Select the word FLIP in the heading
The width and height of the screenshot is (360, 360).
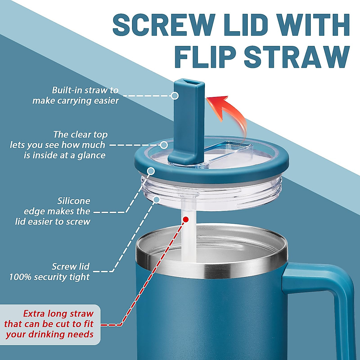[205, 57]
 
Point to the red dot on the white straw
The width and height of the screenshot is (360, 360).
[186, 220]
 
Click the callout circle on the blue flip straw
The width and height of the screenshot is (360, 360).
[175, 96]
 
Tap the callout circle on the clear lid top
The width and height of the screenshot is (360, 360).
[164, 145]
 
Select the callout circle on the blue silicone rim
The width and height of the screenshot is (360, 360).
[151, 171]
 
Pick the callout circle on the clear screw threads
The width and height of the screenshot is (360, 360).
[156, 199]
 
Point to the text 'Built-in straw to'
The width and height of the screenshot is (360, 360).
[85, 90]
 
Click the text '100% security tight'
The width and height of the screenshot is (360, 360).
[49, 277]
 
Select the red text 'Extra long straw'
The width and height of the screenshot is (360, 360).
[58, 314]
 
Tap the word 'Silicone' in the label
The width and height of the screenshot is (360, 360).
[73, 201]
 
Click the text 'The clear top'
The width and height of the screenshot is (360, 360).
[80, 134]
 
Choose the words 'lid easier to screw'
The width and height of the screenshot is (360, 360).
[52, 222]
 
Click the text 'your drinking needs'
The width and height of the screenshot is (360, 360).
[49, 334]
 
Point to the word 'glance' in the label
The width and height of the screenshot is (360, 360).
[91, 155]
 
